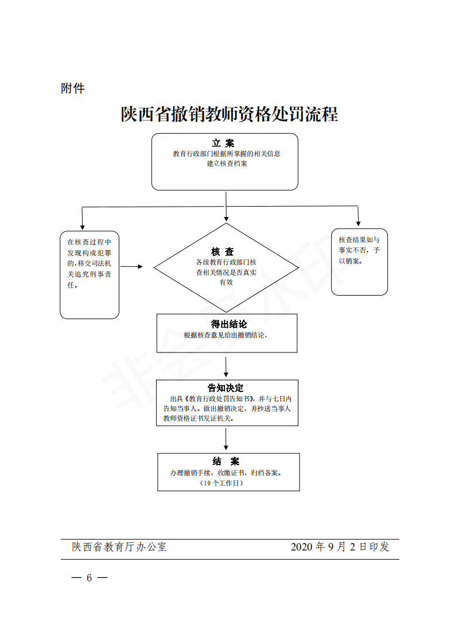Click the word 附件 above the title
coord(73,88)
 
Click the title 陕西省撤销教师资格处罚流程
coord(229,114)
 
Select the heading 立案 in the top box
coord(223,143)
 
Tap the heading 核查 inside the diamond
coord(223,251)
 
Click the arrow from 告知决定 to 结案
coord(227,439)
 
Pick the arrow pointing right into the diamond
coord(131,266)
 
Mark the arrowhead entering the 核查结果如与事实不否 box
coord(359,223)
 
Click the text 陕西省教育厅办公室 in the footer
coord(119,547)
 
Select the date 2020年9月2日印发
coord(340,547)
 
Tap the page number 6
coord(89,577)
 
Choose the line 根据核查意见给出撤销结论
coord(226,335)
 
